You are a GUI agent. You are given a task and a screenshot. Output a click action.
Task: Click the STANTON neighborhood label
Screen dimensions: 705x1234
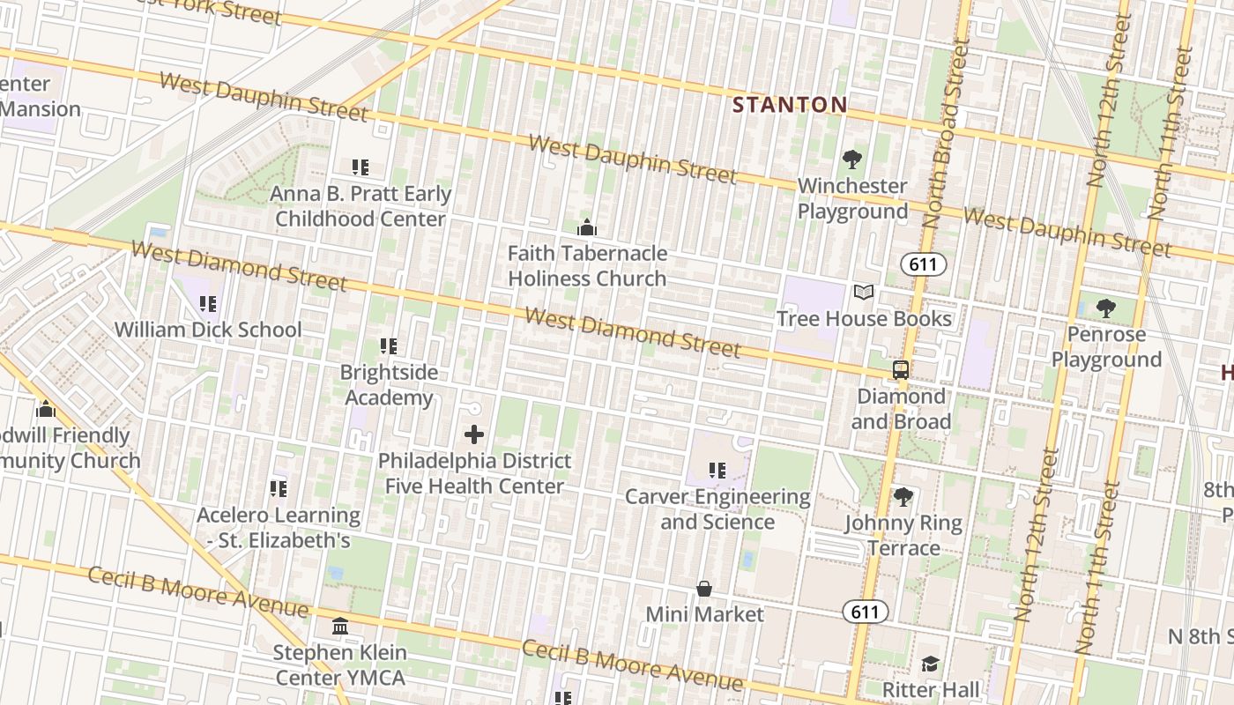(790, 105)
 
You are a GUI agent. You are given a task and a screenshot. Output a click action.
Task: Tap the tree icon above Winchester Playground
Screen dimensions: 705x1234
(851, 160)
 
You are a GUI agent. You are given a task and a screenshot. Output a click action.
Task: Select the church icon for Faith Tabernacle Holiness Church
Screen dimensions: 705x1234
(587, 228)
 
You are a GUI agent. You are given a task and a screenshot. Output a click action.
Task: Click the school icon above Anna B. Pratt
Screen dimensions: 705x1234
(360, 167)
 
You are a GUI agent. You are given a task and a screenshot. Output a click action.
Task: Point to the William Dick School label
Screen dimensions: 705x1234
(208, 330)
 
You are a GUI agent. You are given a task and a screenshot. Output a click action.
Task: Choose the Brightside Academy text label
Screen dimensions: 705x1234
(389, 384)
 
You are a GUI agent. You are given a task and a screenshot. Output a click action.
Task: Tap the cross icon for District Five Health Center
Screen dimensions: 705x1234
(474, 434)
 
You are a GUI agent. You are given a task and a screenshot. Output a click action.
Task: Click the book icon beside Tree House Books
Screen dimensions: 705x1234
(864, 293)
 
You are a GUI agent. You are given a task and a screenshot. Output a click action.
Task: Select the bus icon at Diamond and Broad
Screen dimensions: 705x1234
(901, 370)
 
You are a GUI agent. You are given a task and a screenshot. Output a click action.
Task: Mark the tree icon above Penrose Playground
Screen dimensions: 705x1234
(1106, 308)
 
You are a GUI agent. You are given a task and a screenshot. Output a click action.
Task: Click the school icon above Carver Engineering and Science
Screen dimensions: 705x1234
(717, 471)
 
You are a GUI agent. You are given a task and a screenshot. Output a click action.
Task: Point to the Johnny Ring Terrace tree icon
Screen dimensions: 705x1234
(903, 497)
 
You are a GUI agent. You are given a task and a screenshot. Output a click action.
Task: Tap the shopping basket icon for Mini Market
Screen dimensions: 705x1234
(704, 588)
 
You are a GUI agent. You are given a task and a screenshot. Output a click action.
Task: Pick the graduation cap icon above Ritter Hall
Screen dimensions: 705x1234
(930, 664)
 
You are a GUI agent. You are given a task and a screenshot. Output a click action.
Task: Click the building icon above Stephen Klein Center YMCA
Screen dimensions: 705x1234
(340, 627)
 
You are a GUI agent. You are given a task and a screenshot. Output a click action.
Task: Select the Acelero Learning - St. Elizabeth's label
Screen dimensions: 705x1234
(279, 527)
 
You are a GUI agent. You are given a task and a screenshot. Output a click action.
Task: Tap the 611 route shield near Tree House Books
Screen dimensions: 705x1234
(923, 264)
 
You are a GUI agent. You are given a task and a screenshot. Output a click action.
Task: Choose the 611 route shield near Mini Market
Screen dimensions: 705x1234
(865, 611)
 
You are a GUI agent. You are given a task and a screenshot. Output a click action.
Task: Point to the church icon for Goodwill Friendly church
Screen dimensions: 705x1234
(46, 409)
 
